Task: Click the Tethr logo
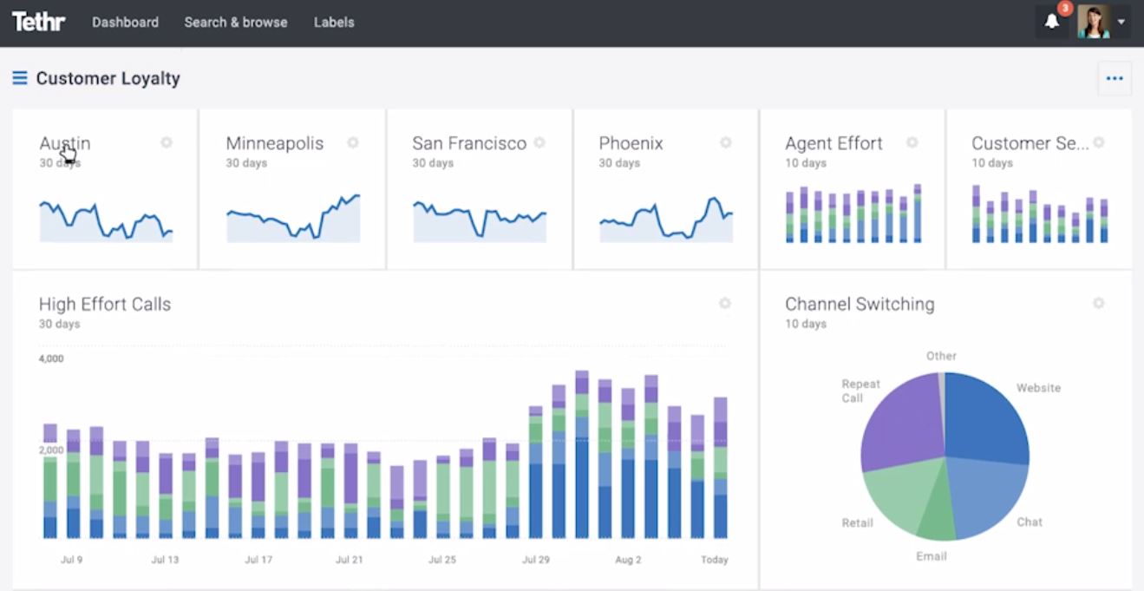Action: pyautogui.click(x=38, y=22)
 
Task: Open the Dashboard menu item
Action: pyautogui.click(x=125, y=23)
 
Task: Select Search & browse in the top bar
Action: pyautogui.click(x=235, y=23)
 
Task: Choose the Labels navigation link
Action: pyautogui.click(x=334, y=23)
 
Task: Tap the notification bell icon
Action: pyautogui.click(x=1052, y=22)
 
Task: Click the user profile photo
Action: pyautogui.click(x=1093, y=22)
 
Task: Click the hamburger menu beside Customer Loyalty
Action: pyautogui.click(x=20, y=78)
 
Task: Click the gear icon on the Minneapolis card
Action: pyautogui.click(x=353, y=142)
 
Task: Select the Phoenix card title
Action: pyautogui.click(x=631, y=143)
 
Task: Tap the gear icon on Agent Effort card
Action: pyautogui.click(x=912, y=142)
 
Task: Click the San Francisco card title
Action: pyautogui.click(x=469, y=143)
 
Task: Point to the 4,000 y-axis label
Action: pyautogui.click(x=51, y=358)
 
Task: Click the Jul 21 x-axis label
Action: pyautogui.click(x=349, y=560)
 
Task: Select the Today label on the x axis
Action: pyautogui.click(x=714, y=560)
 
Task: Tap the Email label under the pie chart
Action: pyautogui.click(x=932, y=556)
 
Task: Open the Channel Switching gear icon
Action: pyautogui.click(x=1098, y=303)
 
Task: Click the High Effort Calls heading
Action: pyautogui.click(x=105, y=305)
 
